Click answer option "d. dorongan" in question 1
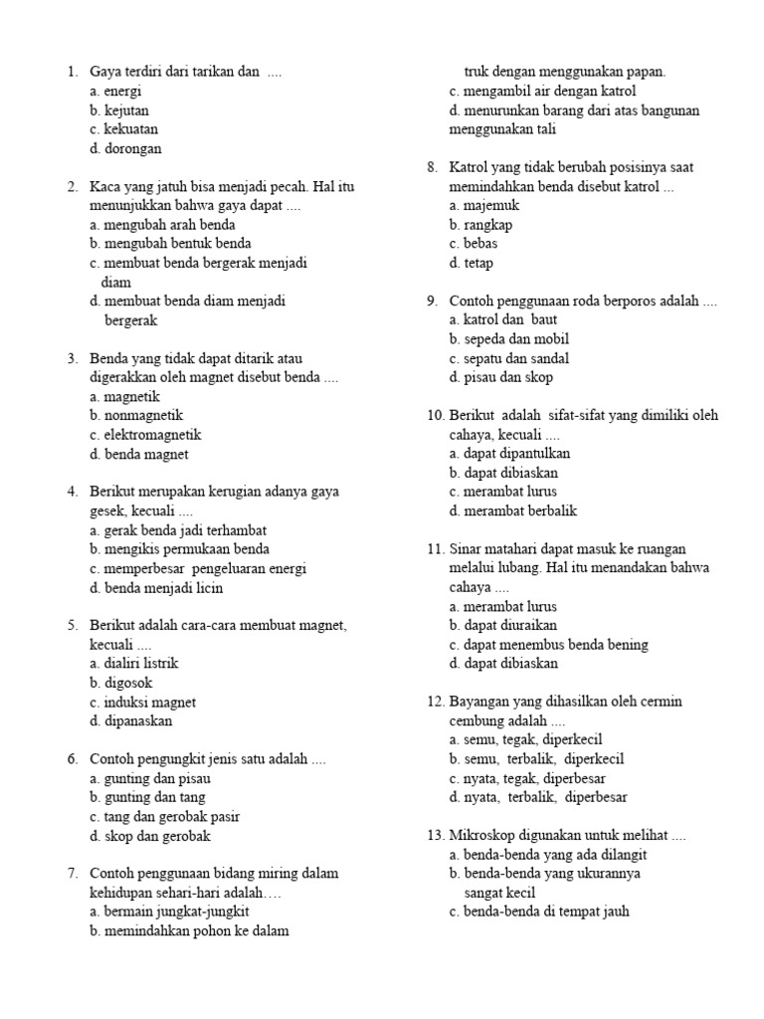pos(124,148)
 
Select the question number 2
pos(73,186)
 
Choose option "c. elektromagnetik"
pos(144,435)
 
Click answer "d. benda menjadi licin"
pos(155,588)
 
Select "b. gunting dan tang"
pos(147,797)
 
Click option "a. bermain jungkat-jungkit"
pos(169,912)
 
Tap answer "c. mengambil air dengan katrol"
pos(542,91)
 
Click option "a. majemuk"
pos(484,205)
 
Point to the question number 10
pos(435,415)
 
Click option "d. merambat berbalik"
pos(512,511)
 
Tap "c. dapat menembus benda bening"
pos(548,645)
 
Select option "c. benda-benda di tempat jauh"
pos(539,912)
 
